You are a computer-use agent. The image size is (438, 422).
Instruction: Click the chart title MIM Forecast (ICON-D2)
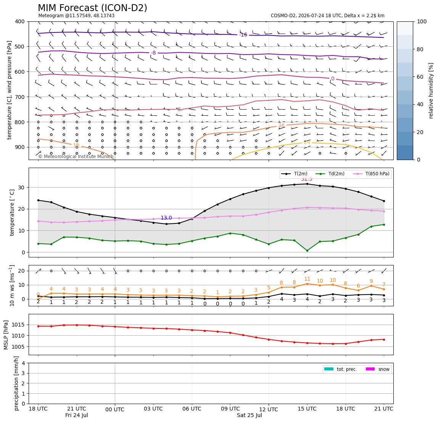92,8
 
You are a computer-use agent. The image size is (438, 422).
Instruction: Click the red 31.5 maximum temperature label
307,179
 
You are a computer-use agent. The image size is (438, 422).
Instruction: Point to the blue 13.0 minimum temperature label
166,218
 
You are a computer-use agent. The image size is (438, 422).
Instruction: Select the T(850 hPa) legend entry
372,174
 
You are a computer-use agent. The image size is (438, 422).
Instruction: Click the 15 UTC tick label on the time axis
307,409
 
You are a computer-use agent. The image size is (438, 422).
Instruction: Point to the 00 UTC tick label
115,409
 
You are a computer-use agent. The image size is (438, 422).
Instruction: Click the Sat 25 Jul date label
250,415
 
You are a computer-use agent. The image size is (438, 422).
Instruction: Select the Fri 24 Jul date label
77,415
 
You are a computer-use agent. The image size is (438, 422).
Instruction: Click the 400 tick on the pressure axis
20,21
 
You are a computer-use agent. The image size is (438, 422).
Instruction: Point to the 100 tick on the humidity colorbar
422,21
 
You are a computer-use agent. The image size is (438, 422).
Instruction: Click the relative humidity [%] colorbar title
431,91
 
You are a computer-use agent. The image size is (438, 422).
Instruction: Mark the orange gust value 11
307,279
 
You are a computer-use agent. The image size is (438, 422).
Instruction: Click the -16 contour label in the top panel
243,35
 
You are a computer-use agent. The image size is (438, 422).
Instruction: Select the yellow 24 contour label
307,142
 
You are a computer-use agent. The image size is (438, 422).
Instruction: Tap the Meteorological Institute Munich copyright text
76,156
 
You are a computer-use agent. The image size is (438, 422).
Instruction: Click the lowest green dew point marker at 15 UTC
307,251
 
